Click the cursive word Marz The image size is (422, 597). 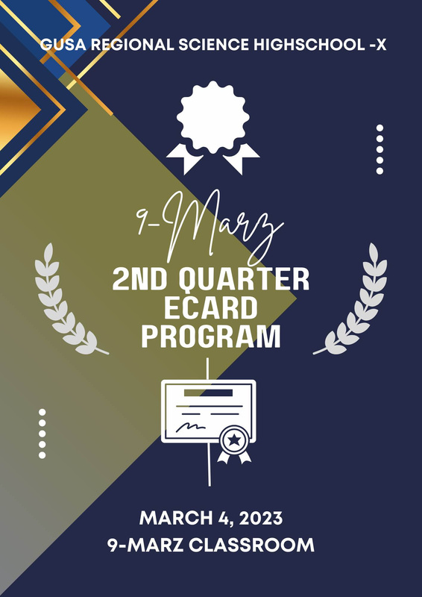(224, 228)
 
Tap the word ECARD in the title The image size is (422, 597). (210, 308)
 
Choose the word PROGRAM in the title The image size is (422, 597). (211, 337)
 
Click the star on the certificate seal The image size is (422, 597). (233, 440)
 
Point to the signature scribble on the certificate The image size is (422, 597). (191, 426)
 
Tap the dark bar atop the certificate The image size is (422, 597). (208, 393)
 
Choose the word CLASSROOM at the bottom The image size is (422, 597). (251, 546)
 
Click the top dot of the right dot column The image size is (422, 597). (380, 128)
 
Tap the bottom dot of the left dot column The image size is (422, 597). (42, 455)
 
